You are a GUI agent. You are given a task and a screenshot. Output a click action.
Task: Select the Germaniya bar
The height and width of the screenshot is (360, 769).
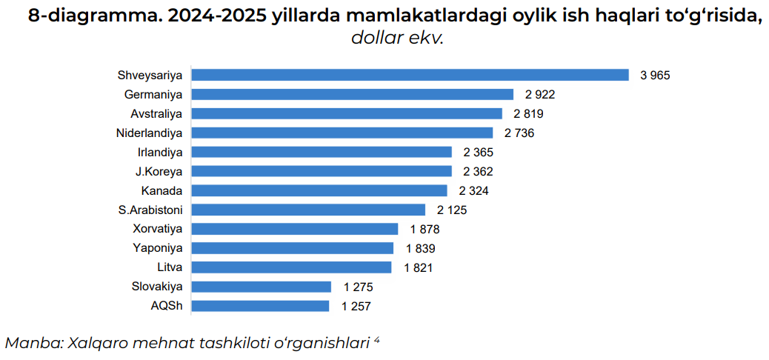tap(353, 94)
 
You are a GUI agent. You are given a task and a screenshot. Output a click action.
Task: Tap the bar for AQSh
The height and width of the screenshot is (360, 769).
tap(261, 306)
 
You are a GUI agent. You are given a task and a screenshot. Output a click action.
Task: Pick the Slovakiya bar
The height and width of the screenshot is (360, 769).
tap(262, 287)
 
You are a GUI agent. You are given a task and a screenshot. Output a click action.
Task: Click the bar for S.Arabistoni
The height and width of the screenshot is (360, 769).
tap(309, 210)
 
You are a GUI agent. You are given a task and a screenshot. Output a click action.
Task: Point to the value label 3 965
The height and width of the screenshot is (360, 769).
tap(655, 75)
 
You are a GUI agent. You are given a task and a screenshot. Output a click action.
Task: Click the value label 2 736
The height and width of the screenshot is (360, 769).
tap(519, 133)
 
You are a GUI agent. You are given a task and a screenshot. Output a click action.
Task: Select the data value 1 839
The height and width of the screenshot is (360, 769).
tap(420, 248)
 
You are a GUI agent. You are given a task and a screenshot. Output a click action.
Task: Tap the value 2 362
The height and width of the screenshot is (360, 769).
tap(478, 171)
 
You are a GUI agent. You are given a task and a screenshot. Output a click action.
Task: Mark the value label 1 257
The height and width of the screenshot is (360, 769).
tap(356, 306)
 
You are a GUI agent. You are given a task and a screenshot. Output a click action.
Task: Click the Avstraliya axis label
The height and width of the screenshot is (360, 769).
tap(156, 113)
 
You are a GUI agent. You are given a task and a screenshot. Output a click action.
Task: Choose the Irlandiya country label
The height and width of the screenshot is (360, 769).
tap(159, 152)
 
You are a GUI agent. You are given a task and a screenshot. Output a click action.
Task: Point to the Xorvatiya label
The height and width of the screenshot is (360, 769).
tap(157, 229)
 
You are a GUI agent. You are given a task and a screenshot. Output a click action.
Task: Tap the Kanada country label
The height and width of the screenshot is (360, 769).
tap(162, 190)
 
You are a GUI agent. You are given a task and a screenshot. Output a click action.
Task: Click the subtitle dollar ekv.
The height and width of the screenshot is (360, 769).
tap(396, 38)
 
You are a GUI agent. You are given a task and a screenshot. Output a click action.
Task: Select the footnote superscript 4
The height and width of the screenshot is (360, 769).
tap(376, 339)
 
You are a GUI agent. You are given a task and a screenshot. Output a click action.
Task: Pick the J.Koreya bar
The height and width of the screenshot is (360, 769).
tap(322, 171)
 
